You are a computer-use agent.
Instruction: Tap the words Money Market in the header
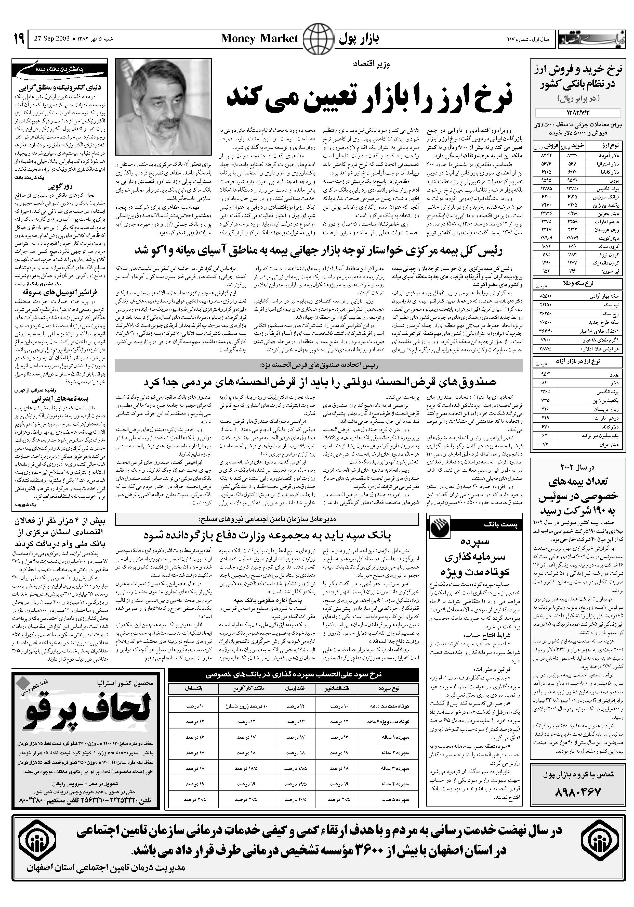(x=259, y=39)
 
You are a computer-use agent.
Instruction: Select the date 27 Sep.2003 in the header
(x=52, y=39)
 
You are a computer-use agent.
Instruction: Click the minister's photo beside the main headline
(x=163, y=107)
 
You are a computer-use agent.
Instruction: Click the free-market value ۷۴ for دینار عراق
(x=545, y=445)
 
